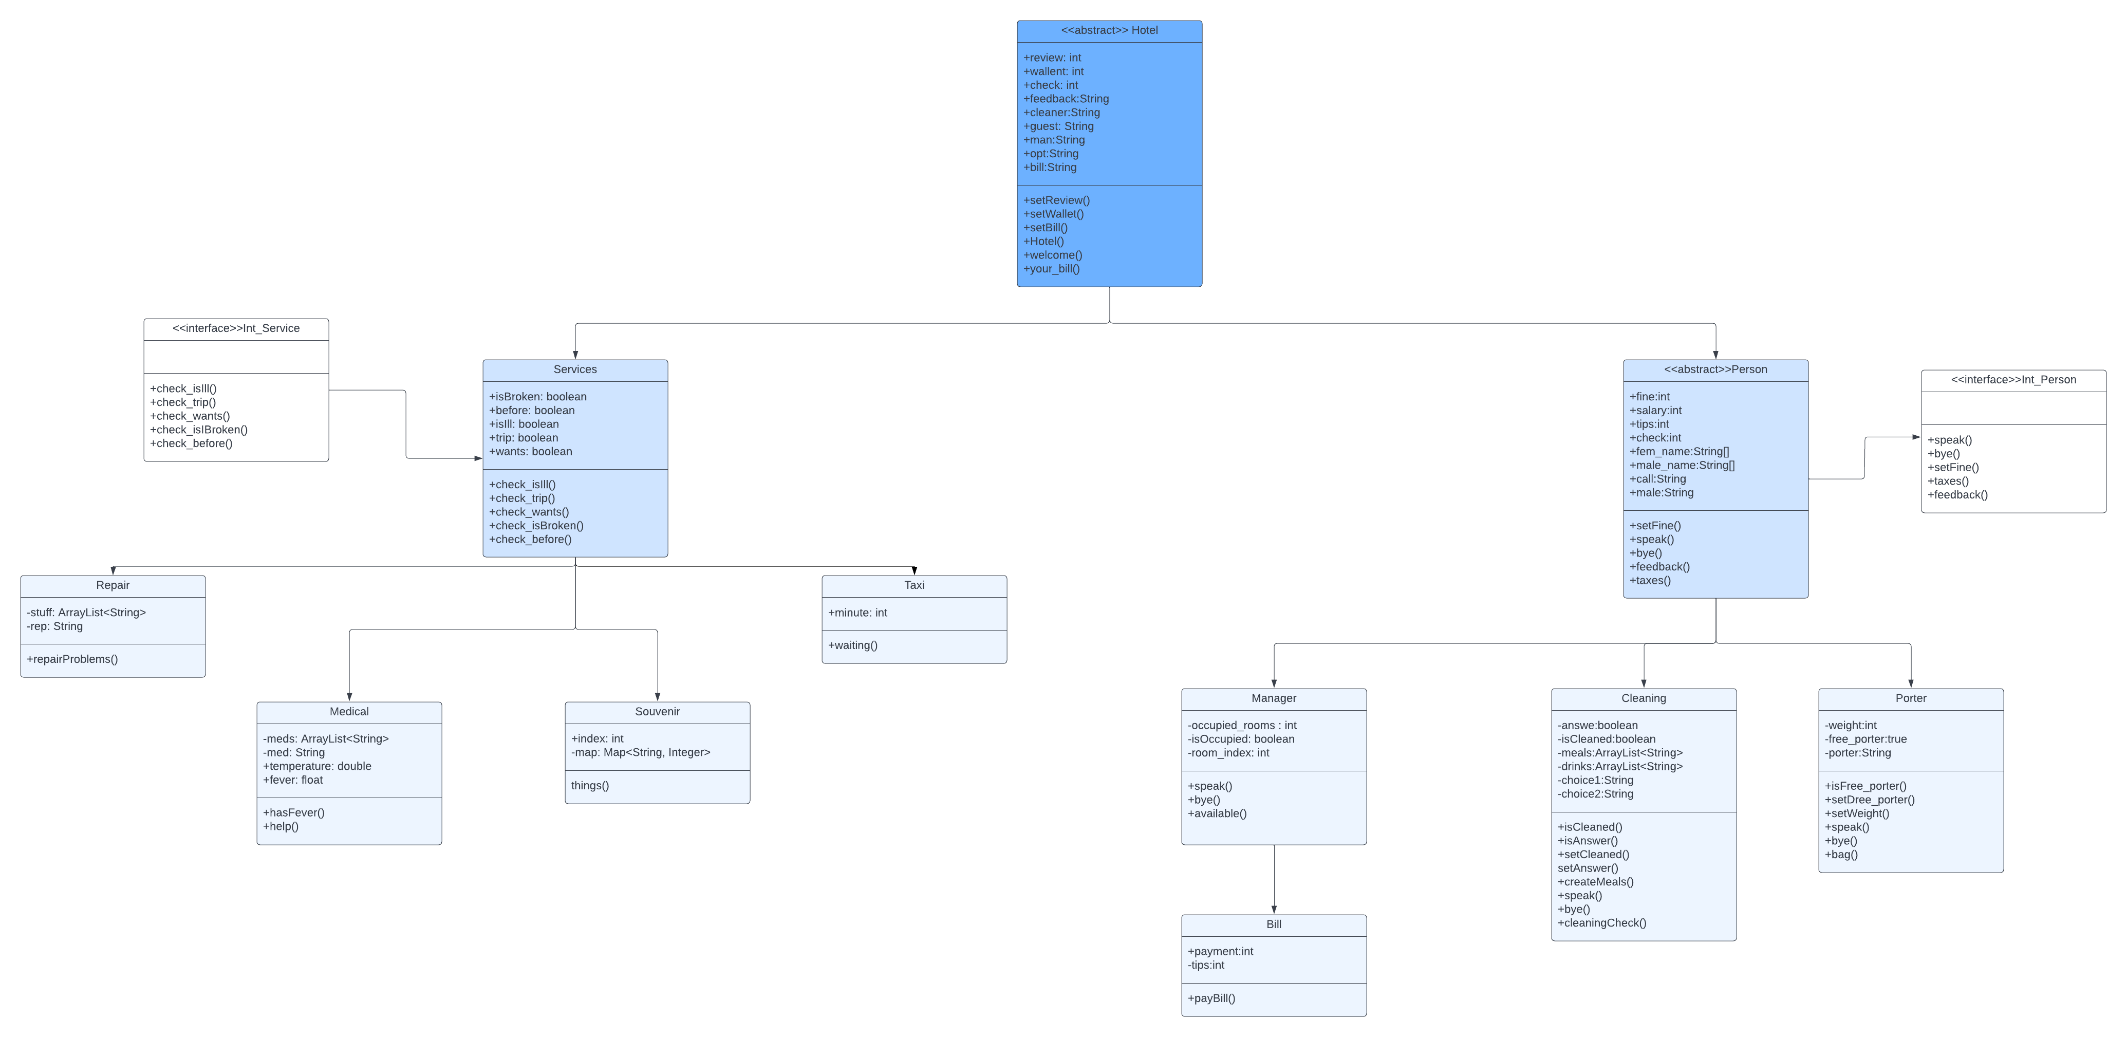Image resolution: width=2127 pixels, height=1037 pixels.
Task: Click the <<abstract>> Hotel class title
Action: click(x=1109, y=30)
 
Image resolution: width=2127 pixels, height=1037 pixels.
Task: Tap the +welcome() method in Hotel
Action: click(x=1053, y=255)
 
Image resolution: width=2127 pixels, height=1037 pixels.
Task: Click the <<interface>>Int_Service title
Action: click(x=236, y=328)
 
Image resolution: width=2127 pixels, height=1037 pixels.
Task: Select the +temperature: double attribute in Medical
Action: click(x=317, y=766)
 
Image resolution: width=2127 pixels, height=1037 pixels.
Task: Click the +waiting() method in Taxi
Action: click(x=853, y=645)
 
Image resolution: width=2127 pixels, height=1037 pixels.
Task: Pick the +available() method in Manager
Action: click(x=1217, y=814)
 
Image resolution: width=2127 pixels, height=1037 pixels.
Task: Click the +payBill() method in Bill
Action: click(x=1211, y=998)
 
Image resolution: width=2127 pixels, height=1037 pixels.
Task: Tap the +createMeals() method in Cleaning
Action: click(x=1595, y=882)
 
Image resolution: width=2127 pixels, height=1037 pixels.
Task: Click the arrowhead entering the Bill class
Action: click(x=1274, y=909)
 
